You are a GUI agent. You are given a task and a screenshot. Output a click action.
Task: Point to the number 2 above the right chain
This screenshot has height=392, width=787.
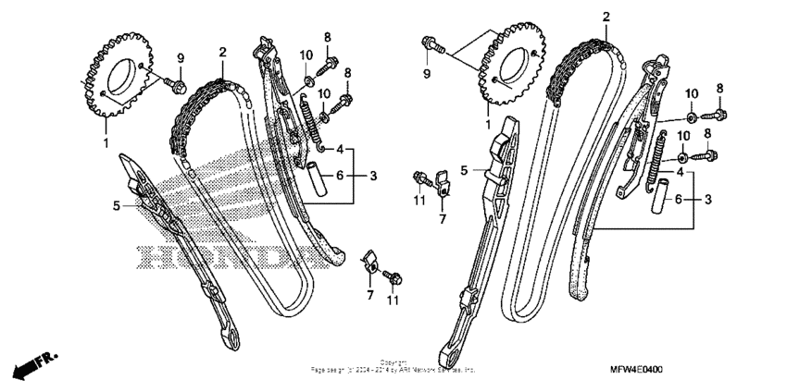point(606,18)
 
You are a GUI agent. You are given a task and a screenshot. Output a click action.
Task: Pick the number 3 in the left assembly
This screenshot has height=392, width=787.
point(372,175)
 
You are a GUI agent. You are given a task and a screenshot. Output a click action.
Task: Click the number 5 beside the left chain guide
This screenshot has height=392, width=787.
point(117,205)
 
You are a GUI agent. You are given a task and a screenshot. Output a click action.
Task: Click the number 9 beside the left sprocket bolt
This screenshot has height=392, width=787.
point(181,59)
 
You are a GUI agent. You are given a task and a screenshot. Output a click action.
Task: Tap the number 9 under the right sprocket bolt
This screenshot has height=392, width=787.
point(427,72)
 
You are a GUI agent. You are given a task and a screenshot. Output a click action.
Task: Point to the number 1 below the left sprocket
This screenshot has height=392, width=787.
point(106,142)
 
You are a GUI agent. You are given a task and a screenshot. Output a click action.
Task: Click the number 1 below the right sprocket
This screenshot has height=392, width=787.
point(490,122)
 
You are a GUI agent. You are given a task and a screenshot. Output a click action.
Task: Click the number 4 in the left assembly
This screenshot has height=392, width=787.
point(340,149)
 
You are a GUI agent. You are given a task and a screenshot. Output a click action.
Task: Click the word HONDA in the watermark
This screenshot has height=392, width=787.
point(222,258)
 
